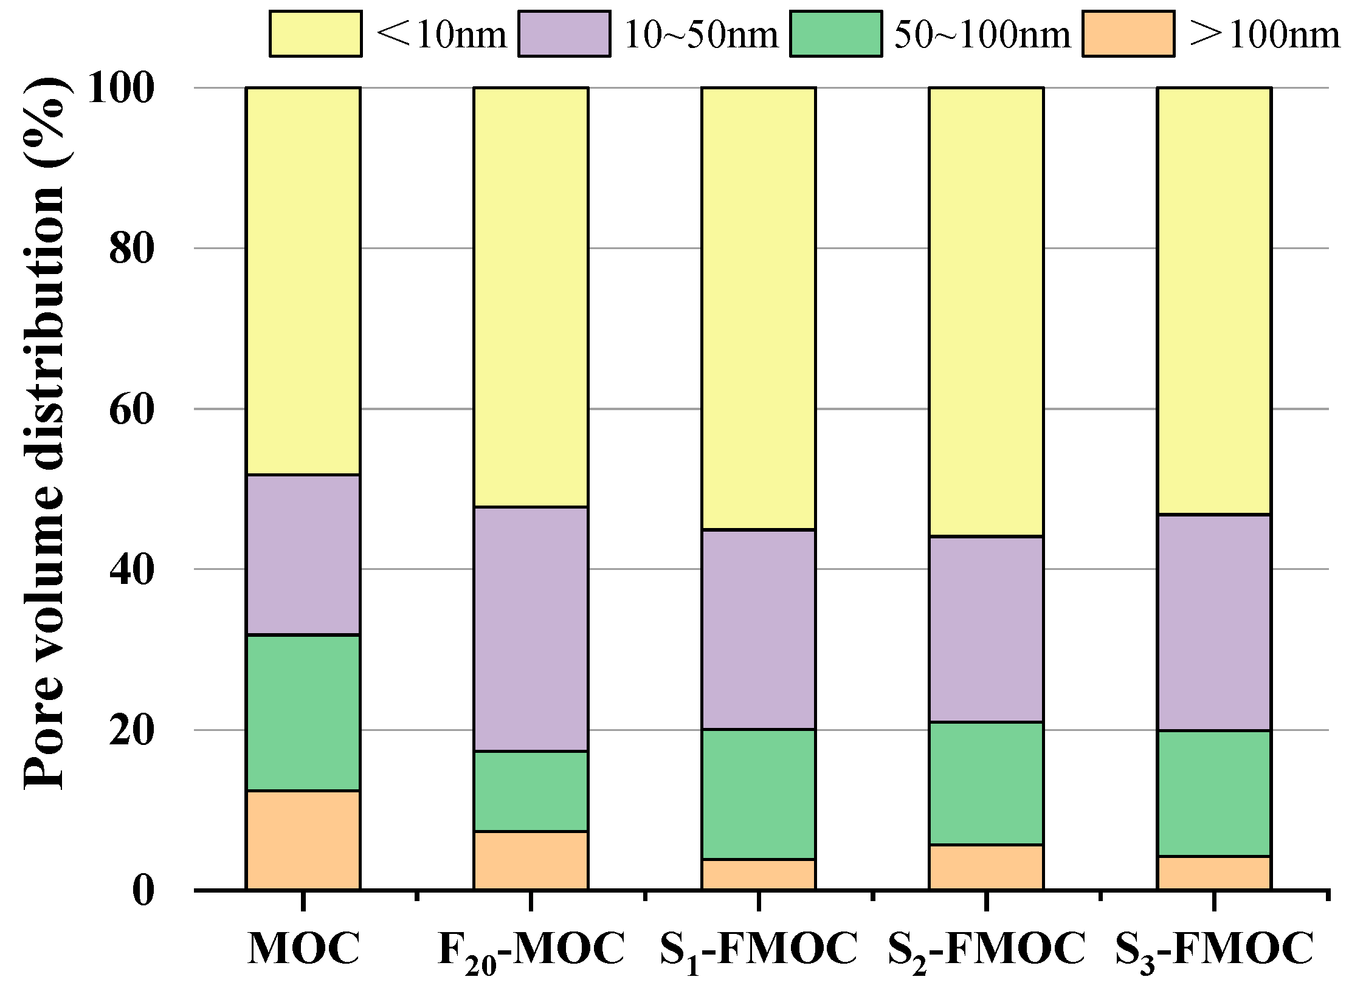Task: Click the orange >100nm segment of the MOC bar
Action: pyautogui.click(x=303, y=840)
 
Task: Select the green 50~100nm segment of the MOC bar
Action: pyautogui.click(x=303, y=712)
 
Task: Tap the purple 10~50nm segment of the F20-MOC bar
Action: pyautogui.click(x=531, y=629)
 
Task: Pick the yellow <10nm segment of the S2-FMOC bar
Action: pyautogui.click(x=986, y=312)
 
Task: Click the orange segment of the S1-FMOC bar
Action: pyautogui.click(x=758, y=874)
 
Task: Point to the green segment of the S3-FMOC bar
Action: pyautogui.click(x=1213, y=793)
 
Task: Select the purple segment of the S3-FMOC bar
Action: pyautogui.click(x=1213, y=622)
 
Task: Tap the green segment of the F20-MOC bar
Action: pyautogui.click(x=531, y=791)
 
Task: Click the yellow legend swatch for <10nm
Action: pyautogui.click(x=316, y=34)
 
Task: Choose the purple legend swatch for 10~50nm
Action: pyautogui.click(x=564, y=34)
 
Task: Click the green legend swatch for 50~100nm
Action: pyautogui.click(x=836, y=34)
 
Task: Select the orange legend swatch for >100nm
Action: pyautogui.click(x=1128, y=34)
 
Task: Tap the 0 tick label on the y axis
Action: pyautogui.click(x=143, y=890)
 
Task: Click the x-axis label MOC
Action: pyautogui.click(x=303, y=949)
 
